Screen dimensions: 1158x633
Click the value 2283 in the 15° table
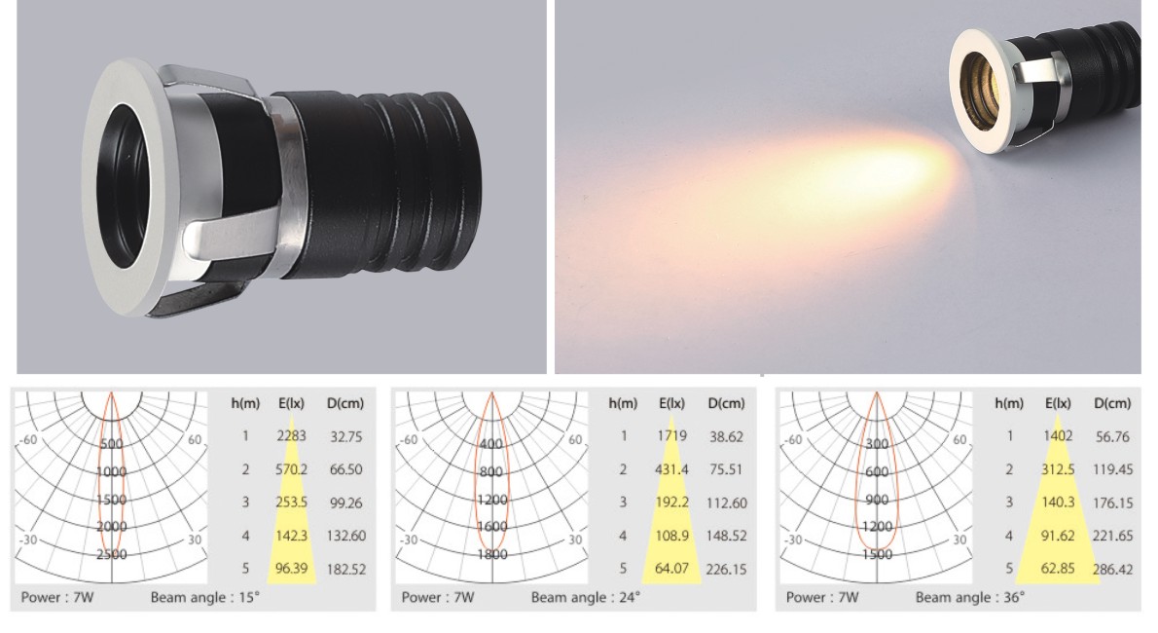(x=291, y=436)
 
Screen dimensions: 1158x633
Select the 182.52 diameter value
(x=346, y=570)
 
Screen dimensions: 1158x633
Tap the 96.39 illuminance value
(x=291, y=569)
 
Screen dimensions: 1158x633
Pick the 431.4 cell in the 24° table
(x=671, y=469)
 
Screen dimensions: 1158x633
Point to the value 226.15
(x=727, y=570)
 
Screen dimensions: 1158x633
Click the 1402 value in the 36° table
(x=1058, y=436)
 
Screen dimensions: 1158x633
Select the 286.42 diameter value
(x=1113, y=570)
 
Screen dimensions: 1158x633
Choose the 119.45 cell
(x=1113, y=469)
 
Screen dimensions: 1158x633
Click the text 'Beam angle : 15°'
(x=205, y=598)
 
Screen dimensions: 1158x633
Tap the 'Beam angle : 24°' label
(x=586, y=598)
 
